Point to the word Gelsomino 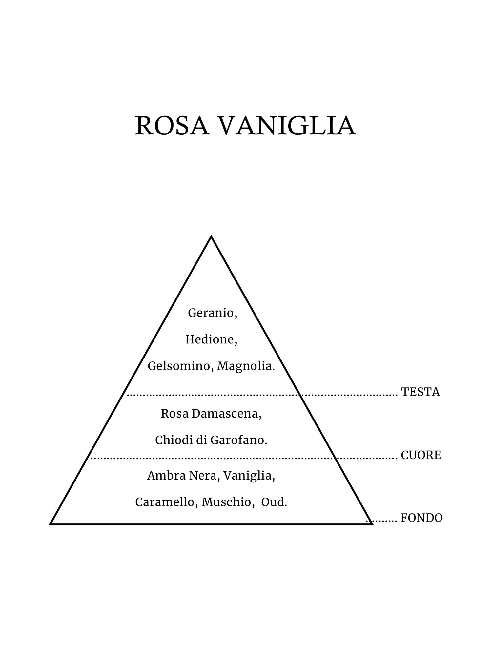click(x=180, y=366)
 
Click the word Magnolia click(x=246, y=366)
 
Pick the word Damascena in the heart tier click(x=226, y=414)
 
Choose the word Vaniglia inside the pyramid click(x=249, y=476)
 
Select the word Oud click(x=274, y=502)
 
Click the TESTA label click(x=420, y=392)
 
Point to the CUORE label click(x=421, y=455)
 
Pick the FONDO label click(x=421, y=518)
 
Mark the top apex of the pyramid click(x=211, y=236)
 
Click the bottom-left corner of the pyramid click(x=51, y=524)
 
